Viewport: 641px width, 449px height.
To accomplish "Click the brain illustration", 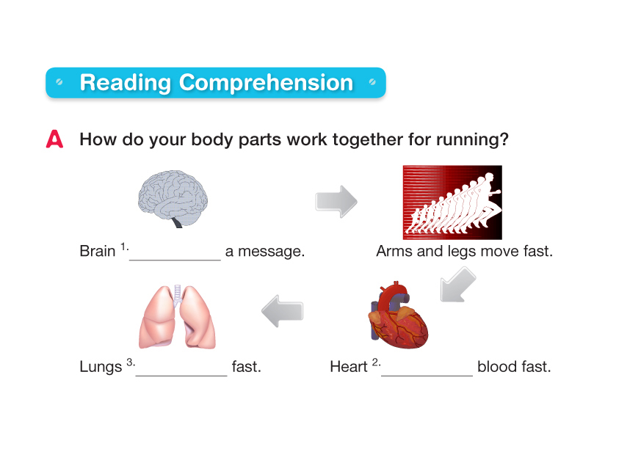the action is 173,199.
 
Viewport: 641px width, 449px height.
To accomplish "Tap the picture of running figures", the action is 452,202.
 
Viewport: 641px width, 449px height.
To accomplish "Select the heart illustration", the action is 398,315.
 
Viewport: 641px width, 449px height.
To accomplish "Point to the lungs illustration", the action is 177,317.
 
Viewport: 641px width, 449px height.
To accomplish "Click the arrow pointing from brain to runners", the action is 336,202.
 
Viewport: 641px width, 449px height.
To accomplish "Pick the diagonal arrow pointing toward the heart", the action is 457,285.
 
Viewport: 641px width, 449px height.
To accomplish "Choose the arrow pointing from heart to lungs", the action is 283,311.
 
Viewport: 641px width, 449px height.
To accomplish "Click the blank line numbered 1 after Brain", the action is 175,260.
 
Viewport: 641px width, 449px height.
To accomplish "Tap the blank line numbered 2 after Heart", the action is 427,375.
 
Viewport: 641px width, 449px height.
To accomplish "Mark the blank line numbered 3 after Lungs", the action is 181,375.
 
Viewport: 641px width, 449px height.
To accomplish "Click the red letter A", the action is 54,139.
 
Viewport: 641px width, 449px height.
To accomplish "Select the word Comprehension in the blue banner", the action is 266,83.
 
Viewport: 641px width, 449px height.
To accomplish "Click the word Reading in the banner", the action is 125,83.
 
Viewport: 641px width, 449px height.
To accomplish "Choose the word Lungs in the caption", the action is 101,367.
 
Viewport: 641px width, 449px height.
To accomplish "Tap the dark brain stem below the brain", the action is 178,222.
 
